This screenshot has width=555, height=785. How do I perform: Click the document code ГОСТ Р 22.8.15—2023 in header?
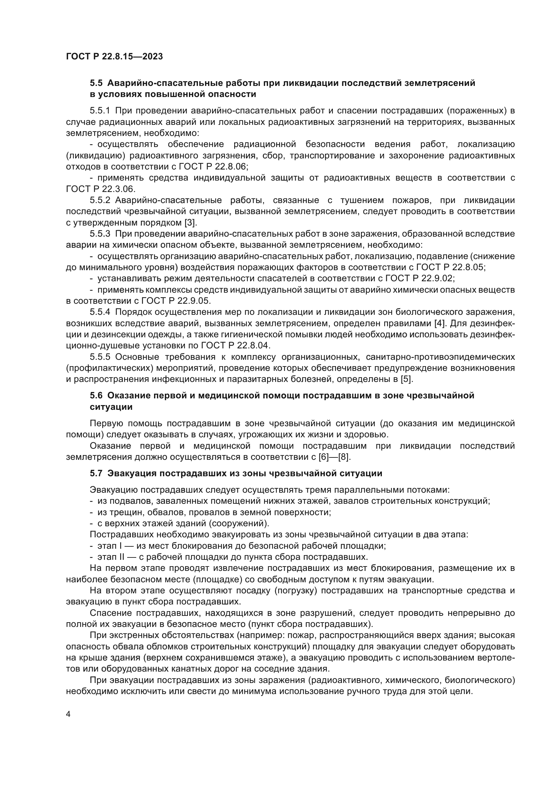coord(114,57)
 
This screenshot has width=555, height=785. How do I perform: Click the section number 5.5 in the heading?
coord(96,83)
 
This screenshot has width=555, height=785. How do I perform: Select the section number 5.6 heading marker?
coord(96,396)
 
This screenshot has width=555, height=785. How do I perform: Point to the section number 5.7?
coord(96,474)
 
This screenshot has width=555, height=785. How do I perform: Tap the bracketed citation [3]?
coord(190,223)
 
